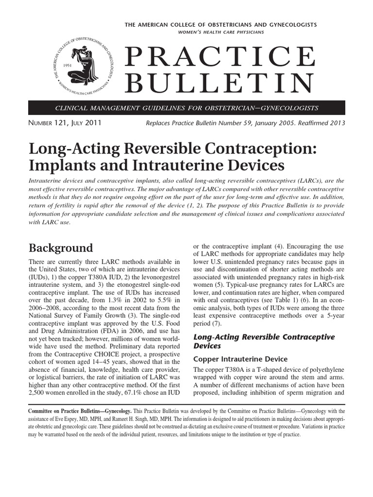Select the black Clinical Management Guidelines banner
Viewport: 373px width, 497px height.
coord(186,107)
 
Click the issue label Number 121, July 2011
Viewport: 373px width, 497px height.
coord(65,123)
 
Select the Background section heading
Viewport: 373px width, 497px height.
coord(61,248)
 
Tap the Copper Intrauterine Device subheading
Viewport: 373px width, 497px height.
coord(240,359)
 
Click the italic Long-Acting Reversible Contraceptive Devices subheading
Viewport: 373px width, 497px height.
coord(264,341)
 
